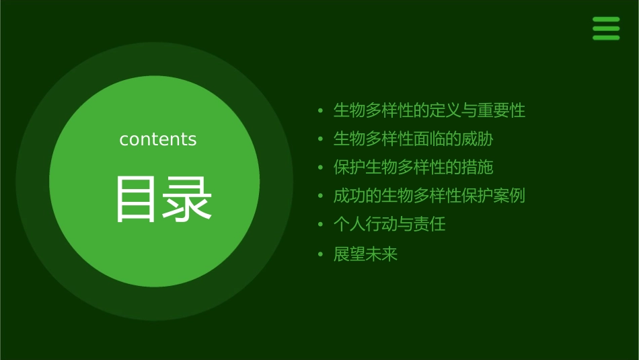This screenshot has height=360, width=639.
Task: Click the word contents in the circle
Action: (158, 139)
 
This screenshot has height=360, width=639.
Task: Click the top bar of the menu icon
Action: (606, 20)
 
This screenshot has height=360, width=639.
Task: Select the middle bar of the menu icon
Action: (606, 28)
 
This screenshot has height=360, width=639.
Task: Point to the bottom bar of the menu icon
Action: (606, 38)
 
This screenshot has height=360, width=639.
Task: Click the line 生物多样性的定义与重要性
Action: (429, 110)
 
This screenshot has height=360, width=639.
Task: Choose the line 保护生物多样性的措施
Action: (413, 168)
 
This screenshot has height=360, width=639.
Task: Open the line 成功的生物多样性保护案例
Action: (429, 196)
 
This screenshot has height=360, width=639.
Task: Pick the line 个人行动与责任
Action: (389, 224)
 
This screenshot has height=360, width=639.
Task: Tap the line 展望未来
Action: (365, 254)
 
